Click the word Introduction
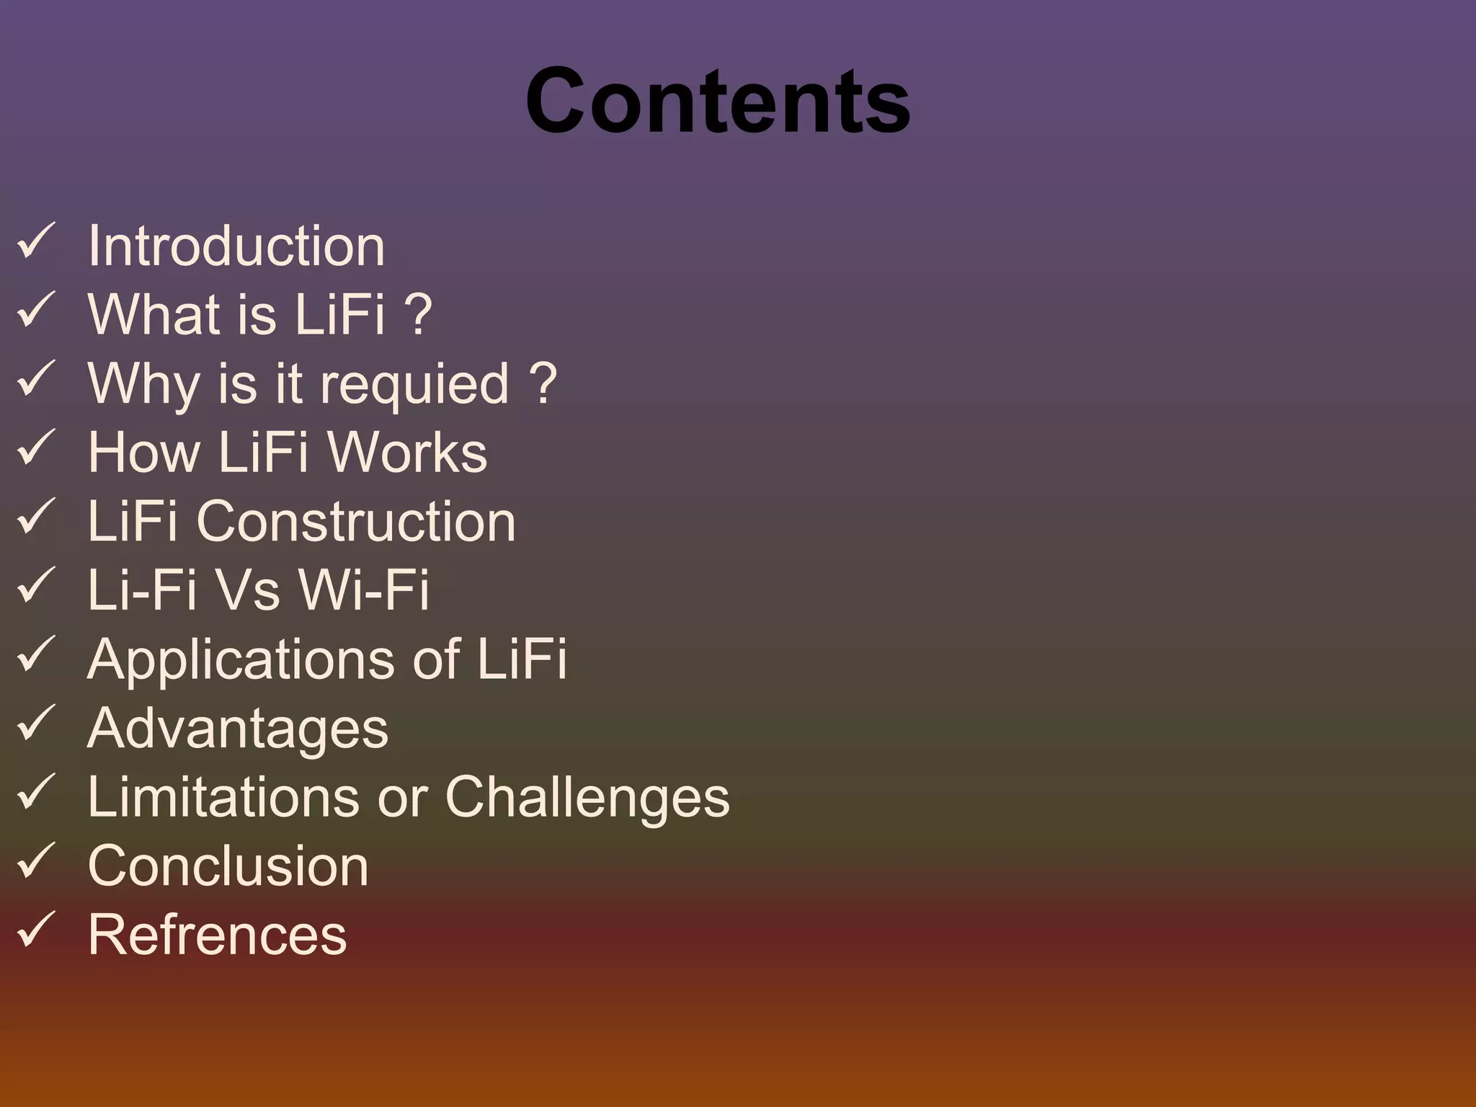point(236,246)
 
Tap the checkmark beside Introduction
point(35,241)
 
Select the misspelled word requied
point(414,384)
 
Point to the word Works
point(407,453)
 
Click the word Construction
point(356,521)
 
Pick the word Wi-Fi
point(363,590)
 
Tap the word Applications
point(241,659)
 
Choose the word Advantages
point(238,729)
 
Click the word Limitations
point(223,796)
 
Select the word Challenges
point(587,798)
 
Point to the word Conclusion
point(228,866)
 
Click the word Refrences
point(217,935)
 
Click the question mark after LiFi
point(418,314)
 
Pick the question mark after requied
point(543,383)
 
